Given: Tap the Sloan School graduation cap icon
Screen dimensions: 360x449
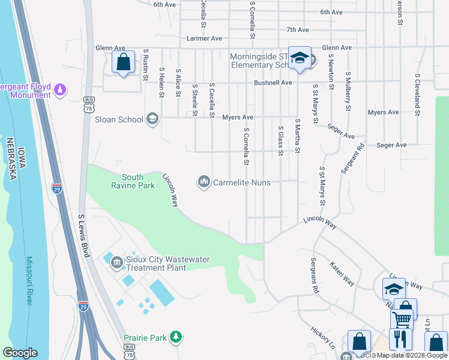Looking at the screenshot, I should (152, 119).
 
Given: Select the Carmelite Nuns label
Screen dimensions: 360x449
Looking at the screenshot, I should (242, 182).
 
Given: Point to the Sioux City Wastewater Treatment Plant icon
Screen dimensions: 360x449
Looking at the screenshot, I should (116, 260).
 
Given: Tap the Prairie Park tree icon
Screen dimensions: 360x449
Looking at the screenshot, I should (175, 338).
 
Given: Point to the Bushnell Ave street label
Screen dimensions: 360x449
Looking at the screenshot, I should (273, 83).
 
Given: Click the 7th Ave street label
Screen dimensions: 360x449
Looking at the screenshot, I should (297, 29).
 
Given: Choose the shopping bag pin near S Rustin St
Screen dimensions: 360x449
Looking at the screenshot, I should (123, 62).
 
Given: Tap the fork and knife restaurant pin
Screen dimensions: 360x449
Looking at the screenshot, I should (400, 339).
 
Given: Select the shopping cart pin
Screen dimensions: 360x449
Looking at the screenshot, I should (402, 319).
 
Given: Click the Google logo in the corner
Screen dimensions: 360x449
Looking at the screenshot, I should (20, 353).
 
